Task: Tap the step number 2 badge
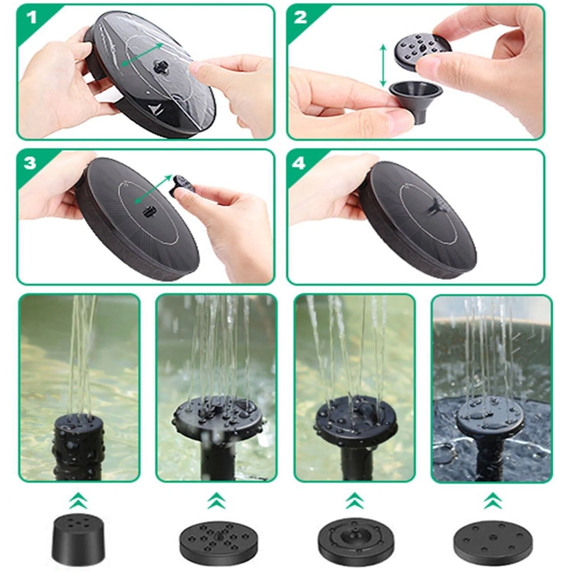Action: point(300,18)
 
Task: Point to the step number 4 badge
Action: point(301,163)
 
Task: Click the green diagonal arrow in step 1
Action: point(141,55)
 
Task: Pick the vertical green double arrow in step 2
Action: point(383,66)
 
